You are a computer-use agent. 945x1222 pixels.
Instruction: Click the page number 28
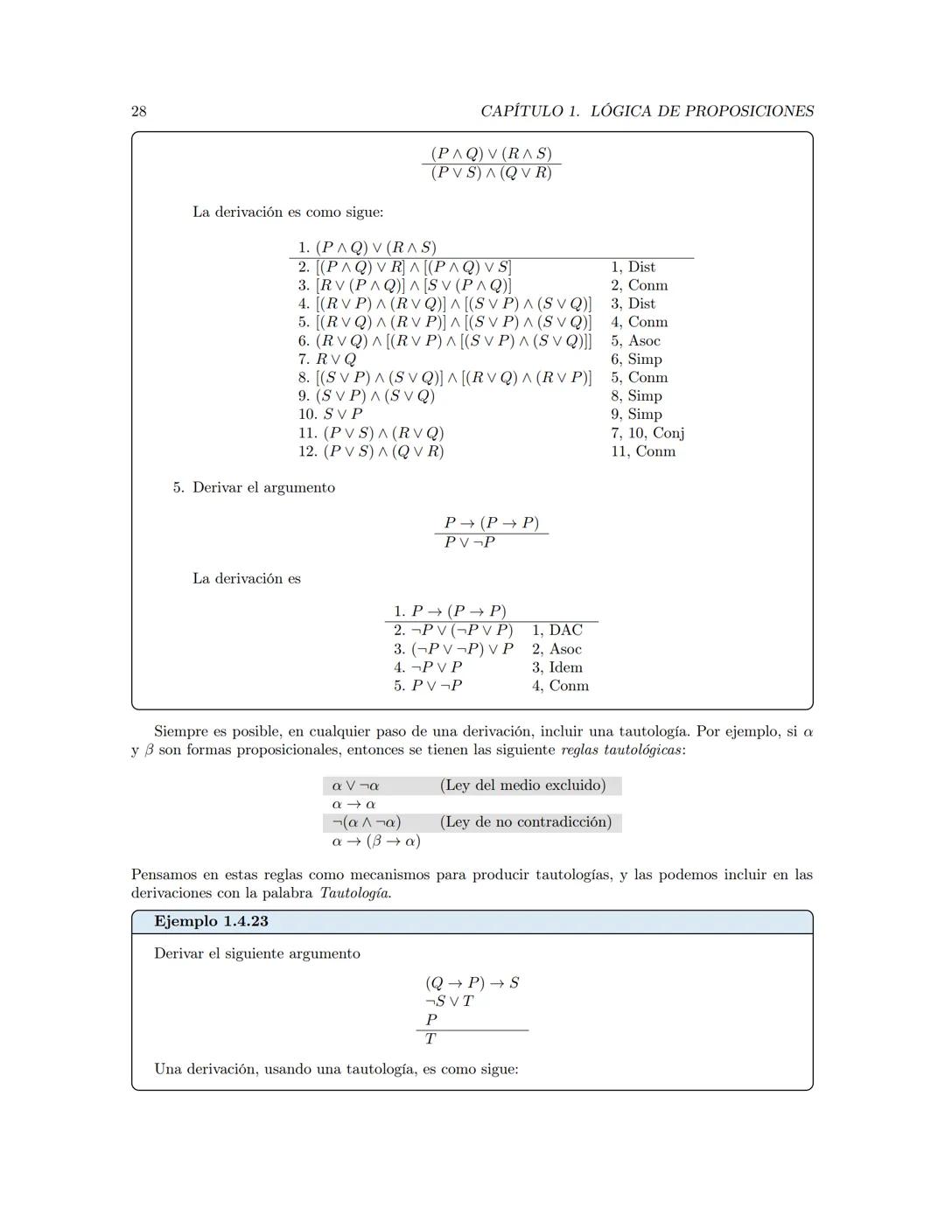(x=139, y=111)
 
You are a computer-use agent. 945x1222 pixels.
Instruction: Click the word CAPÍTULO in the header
(x=522, y=111)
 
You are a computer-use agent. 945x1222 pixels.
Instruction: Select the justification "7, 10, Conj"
(x=647, y=433)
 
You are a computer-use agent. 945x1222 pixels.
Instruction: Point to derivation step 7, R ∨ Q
(x=327, y=360)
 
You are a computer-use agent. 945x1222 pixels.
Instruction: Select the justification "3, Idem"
(x=556, y=667)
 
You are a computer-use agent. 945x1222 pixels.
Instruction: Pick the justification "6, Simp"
(x=636, y=360)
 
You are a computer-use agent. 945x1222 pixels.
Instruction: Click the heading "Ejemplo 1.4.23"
(x=211, y=921)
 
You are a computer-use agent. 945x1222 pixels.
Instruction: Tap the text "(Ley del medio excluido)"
(x=522, y=786)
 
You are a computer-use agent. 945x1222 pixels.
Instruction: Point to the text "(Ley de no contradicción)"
(x=525, y=822)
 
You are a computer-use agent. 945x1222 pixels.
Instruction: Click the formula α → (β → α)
(x=376, y=841)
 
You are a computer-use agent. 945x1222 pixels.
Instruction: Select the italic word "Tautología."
(x=355, y=893)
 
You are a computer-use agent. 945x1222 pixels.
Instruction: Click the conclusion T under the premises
(x=430, y=1039)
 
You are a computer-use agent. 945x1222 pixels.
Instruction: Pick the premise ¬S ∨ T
(x=449, y=1002)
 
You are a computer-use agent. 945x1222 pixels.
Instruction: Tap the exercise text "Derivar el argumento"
(x=263, y=488)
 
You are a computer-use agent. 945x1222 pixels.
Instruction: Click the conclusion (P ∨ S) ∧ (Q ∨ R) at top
(x=491, y=173)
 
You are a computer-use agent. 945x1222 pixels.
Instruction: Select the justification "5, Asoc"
(x=635, y=341)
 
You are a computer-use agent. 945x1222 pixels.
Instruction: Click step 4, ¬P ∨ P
(x=428, y=667)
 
